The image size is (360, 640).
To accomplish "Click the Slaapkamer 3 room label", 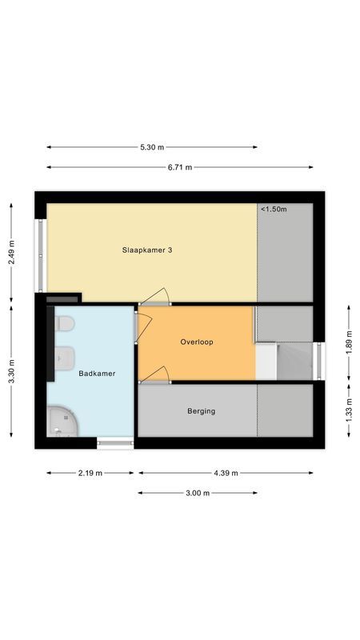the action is (x=146, y=250).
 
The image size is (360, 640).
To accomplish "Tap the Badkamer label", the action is (x=97, y=373).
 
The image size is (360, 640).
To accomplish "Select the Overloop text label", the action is (x=197, y=342).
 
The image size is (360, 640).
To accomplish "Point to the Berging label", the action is (x=202, y=411).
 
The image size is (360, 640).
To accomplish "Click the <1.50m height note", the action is (x=274, y=209).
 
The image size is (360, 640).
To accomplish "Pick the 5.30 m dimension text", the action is (x=152, y=147).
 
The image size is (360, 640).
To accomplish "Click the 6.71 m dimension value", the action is (x=179, y=167).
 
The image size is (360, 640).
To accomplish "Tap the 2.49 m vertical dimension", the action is (x=11, y=253).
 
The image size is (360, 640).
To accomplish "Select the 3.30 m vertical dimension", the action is (x=11, y=371).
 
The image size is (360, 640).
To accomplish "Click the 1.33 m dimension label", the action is (x=350, y=410).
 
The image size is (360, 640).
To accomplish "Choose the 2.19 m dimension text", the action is (x=90, y=473).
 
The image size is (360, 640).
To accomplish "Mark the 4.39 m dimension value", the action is (x=226, y=473).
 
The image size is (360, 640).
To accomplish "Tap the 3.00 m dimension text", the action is (x=198, y=493).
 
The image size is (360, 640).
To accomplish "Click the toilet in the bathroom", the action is (x=64, y=324).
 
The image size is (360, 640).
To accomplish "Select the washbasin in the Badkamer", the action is (x=65, y=357).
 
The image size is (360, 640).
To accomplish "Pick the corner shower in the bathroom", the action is (x=62, y=421).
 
